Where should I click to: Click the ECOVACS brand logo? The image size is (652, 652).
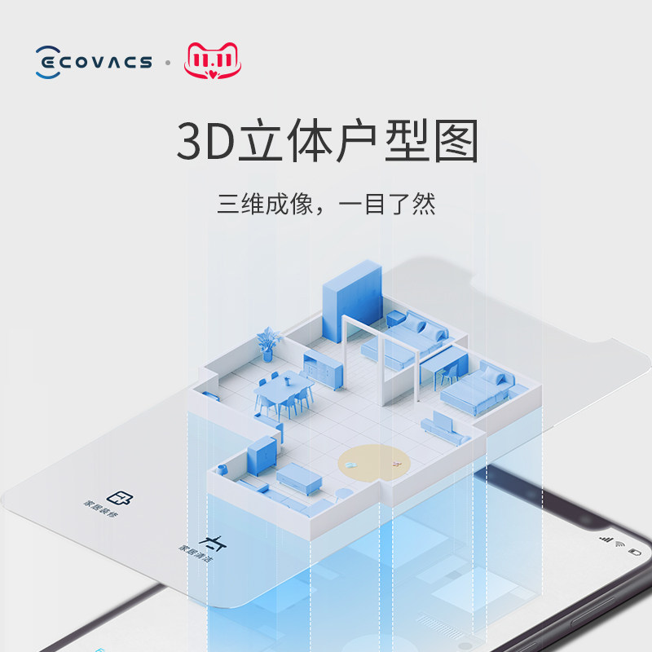tap(94, 62)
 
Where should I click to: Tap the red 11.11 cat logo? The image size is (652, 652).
tap(214, 61)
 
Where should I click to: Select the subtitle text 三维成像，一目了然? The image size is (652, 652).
tap(326, 203)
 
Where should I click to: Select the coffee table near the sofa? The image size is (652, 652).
tap(298, 478)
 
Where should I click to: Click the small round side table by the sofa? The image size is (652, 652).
tap(344, 493)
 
